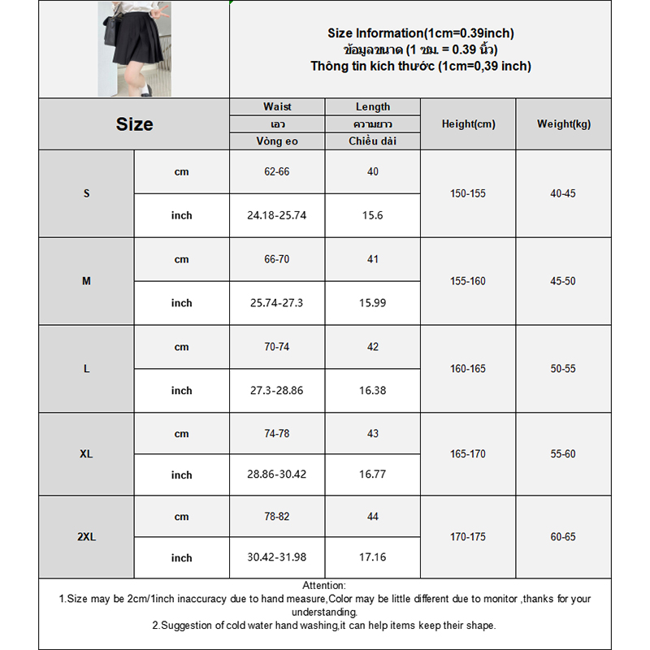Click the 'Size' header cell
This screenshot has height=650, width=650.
pos(134,124)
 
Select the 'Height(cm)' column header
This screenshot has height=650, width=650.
pos(468,124)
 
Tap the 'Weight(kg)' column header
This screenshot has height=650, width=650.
pos(564,124)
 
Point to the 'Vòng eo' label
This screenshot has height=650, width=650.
pos(277,141)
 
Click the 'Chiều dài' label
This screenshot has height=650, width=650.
pos(373,141)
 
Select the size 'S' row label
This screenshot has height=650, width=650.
pos(86,194)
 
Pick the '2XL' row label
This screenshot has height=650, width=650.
pos(86,537)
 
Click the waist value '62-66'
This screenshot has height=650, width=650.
pos(277,172)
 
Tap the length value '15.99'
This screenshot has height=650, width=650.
pos(373,303)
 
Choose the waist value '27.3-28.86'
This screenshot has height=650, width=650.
pos(277,391)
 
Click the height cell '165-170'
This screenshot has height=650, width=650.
pos(468,454)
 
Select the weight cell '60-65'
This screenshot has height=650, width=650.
pos(563,537)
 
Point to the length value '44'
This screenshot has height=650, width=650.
pos(373,517)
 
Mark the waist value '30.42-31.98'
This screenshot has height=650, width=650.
pos(277,558)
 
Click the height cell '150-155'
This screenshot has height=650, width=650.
pos(468,194)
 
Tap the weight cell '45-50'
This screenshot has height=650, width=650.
pos(563,281)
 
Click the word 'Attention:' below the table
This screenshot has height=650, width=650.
pos(324,586)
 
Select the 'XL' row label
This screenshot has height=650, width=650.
pos(86,454)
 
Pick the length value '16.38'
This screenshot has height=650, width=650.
pos(373,391)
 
